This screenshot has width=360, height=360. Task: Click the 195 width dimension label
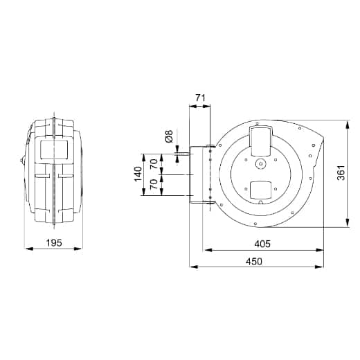coord(54,242)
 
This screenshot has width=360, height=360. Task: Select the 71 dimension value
coord(200,99)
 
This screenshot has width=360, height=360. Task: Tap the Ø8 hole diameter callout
coord(169,137)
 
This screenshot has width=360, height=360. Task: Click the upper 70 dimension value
coord(154,164)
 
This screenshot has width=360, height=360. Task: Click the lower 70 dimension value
coord(154,186)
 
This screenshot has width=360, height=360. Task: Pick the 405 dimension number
coord(262,243)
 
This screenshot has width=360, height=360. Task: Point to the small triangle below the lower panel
coord(261,203)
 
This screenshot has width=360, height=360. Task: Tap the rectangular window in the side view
coord(53,147)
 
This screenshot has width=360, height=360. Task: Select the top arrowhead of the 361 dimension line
coord(344,122)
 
